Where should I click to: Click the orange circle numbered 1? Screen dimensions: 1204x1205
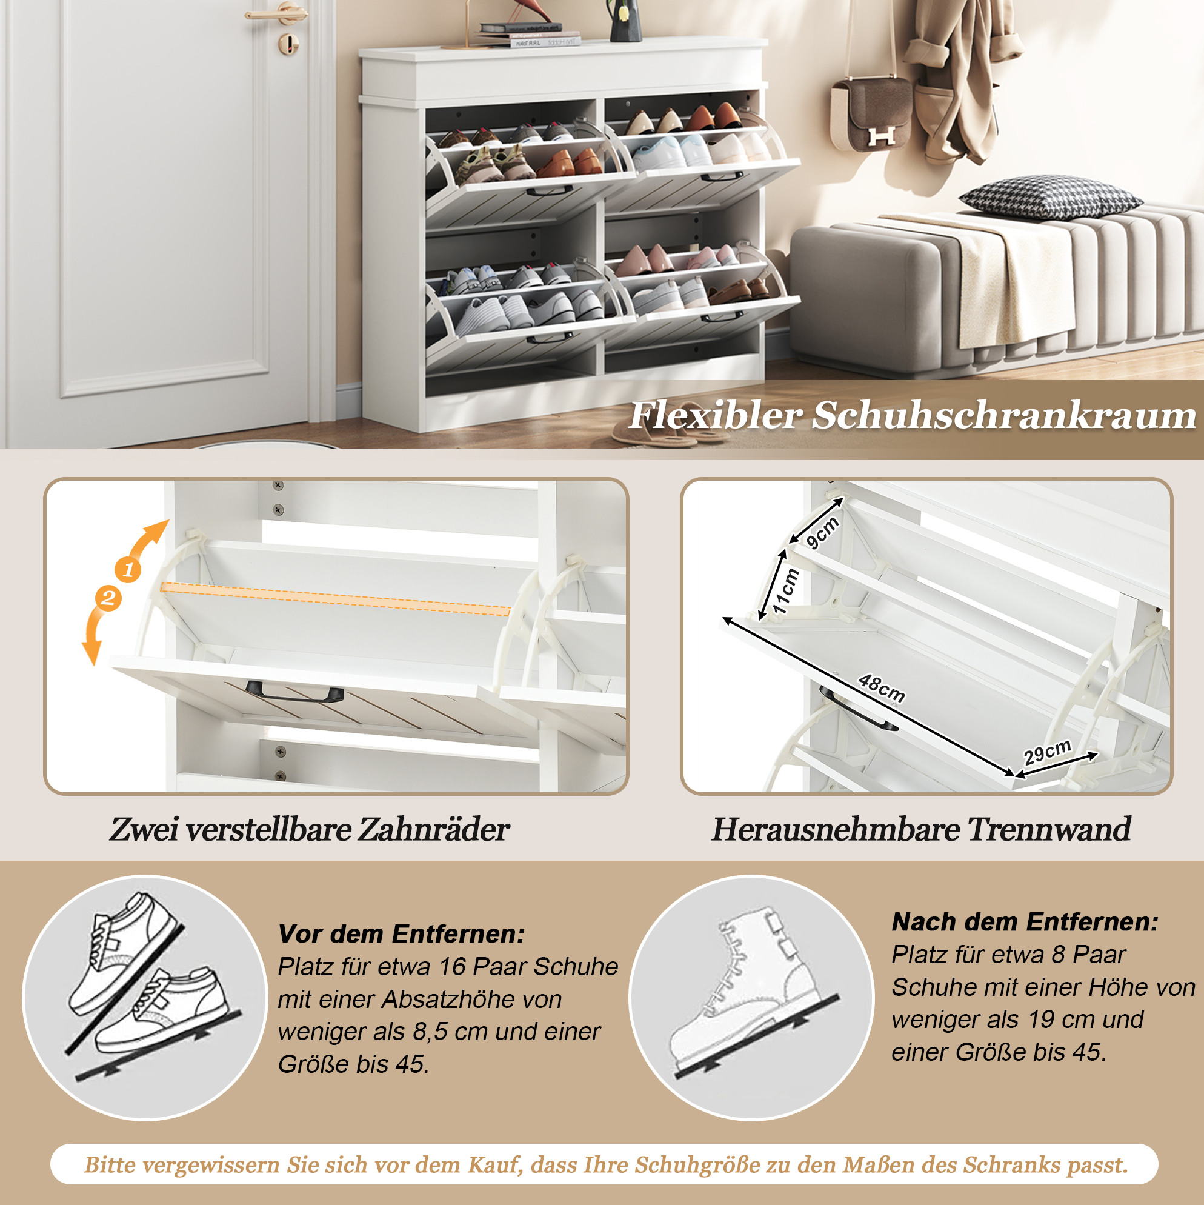pyautogui.click(x=128, y=569)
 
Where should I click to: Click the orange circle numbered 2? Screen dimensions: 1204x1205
pyautogui.click(x=108, y=598)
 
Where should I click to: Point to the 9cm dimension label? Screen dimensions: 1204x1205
pyautogui.click(x=822, y=533)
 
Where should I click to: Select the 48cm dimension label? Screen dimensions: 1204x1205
pyautogui.click(x=881, y=688)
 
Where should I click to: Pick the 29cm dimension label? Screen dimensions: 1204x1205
pyautogui.click(x=1048, y=752)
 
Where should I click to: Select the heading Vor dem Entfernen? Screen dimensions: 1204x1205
pyautogui.click(x=402, y=933)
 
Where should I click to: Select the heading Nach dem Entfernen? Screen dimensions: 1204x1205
pyautogui.click(x=1025, y=921)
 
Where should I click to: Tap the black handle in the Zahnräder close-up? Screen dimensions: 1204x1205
pyautogui.click(x=294, y=691)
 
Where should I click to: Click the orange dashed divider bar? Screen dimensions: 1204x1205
pyautogui.click(x=336, y=599)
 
